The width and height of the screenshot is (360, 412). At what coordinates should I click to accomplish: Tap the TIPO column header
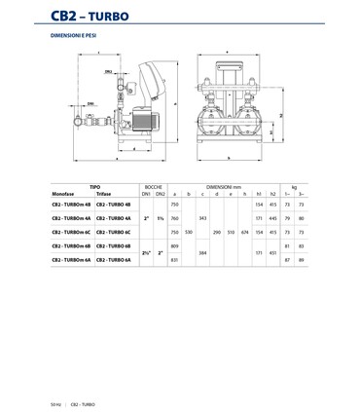point(94,184)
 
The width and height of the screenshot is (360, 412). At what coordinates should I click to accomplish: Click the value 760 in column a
point(175,218)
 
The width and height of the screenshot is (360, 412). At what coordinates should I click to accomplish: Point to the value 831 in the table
point(175,260)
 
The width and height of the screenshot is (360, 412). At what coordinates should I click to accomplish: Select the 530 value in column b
point(189,233)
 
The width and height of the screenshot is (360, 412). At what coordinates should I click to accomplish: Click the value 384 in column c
point(202,253)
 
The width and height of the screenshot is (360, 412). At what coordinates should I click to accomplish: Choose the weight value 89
point(302,260)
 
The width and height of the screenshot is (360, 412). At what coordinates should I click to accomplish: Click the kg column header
point(295,184)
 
